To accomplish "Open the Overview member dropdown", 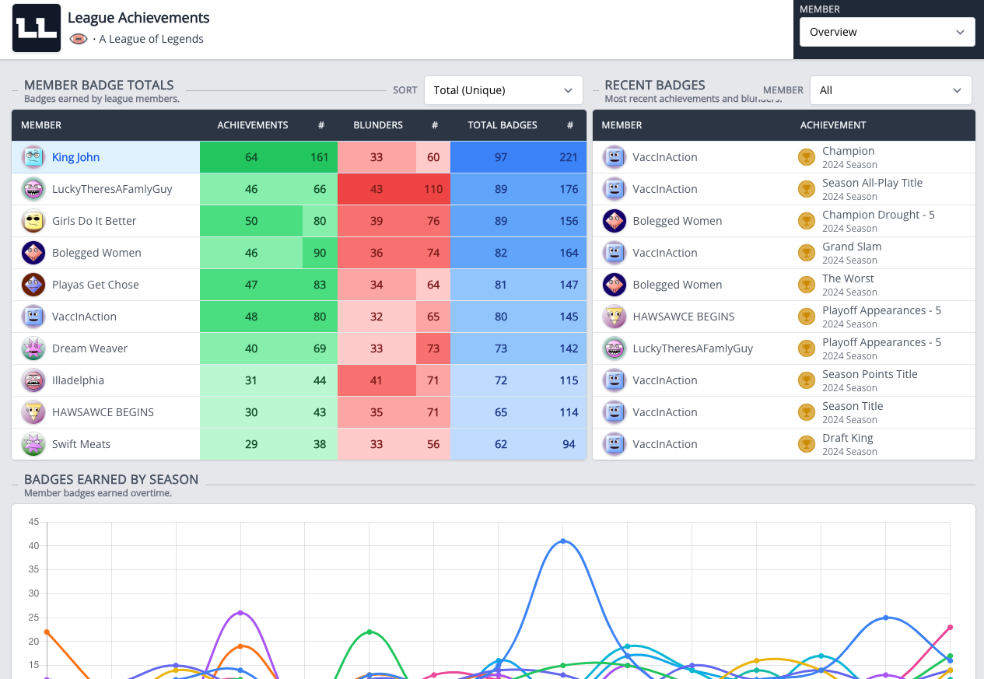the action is click(887, 32).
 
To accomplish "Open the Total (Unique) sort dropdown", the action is click(503, 90).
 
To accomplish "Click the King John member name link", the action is click(75, 157).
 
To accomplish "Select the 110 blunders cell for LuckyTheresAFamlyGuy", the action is click(433, 189).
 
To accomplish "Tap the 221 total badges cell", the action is click(568, 157).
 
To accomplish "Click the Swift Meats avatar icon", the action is click(33, 444).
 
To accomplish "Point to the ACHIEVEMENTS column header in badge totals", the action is click(253, 125).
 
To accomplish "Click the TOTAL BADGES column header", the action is click(502, 125).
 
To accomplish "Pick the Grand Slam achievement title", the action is click(852, 247).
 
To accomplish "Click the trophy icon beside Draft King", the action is click(807, 444).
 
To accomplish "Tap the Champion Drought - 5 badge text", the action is click(878, 215).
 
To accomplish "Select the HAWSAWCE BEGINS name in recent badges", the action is click(683, 317).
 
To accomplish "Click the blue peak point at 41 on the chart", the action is click(562, 541).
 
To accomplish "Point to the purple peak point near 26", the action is click(240, 613).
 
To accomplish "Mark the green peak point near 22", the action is click(369, 632).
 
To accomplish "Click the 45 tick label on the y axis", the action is click(33, 522).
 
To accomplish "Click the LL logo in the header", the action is click(37, 28).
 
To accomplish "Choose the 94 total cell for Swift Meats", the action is click(569, 444).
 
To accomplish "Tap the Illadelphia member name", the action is click(79, 380).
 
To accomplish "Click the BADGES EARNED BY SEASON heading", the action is click(111, 479).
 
